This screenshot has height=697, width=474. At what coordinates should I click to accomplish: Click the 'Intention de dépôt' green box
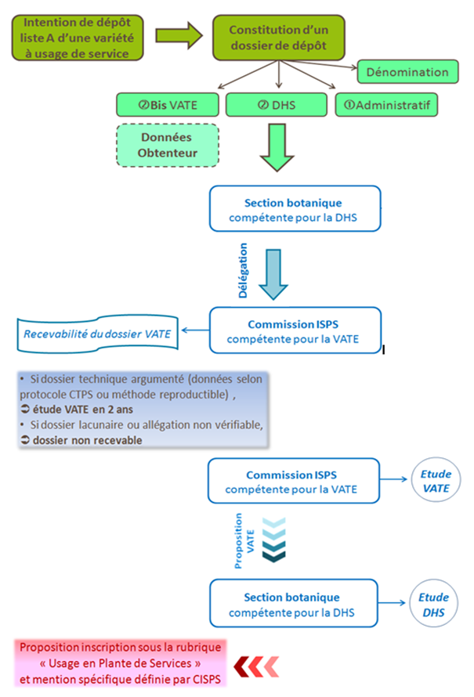tap(78, 38)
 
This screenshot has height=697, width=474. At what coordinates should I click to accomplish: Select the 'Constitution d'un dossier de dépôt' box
tap(279, 38)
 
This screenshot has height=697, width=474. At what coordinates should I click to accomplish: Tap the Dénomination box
tap(407, 71)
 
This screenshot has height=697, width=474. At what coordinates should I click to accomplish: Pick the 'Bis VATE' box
tap(168, 105)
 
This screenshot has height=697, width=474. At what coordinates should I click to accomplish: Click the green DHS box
tap(276, 105)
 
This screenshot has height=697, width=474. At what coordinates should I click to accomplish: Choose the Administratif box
tap(386, 105)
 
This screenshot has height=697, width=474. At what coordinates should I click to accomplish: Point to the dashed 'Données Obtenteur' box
tap(168, 146)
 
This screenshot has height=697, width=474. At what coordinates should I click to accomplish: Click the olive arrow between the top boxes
tap(179, 35)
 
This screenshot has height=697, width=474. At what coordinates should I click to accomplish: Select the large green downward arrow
tap(277, 147)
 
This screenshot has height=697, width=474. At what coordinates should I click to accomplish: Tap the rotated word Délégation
tap(243, 270)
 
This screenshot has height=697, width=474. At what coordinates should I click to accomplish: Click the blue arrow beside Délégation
tap(273, 274)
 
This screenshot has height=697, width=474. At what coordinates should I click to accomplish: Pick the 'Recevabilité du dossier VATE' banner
tap(97, 334)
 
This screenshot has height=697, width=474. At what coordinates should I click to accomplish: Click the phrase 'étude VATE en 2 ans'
tap(83, 410)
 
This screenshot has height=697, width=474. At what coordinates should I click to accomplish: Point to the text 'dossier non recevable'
tap(88, 440)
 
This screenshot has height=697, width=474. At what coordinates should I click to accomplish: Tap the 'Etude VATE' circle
tap(436, 480)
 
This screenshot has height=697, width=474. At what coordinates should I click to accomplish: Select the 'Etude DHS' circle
tap(433, 604)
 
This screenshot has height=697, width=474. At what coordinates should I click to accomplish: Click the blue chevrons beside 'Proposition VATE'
tap(274, 540)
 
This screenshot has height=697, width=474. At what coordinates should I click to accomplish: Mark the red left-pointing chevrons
tap(256, 666)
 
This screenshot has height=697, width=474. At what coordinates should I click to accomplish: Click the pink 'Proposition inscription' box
tap(120, 663)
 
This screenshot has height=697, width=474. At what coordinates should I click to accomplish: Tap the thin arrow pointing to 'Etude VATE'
tap(393, 479)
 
